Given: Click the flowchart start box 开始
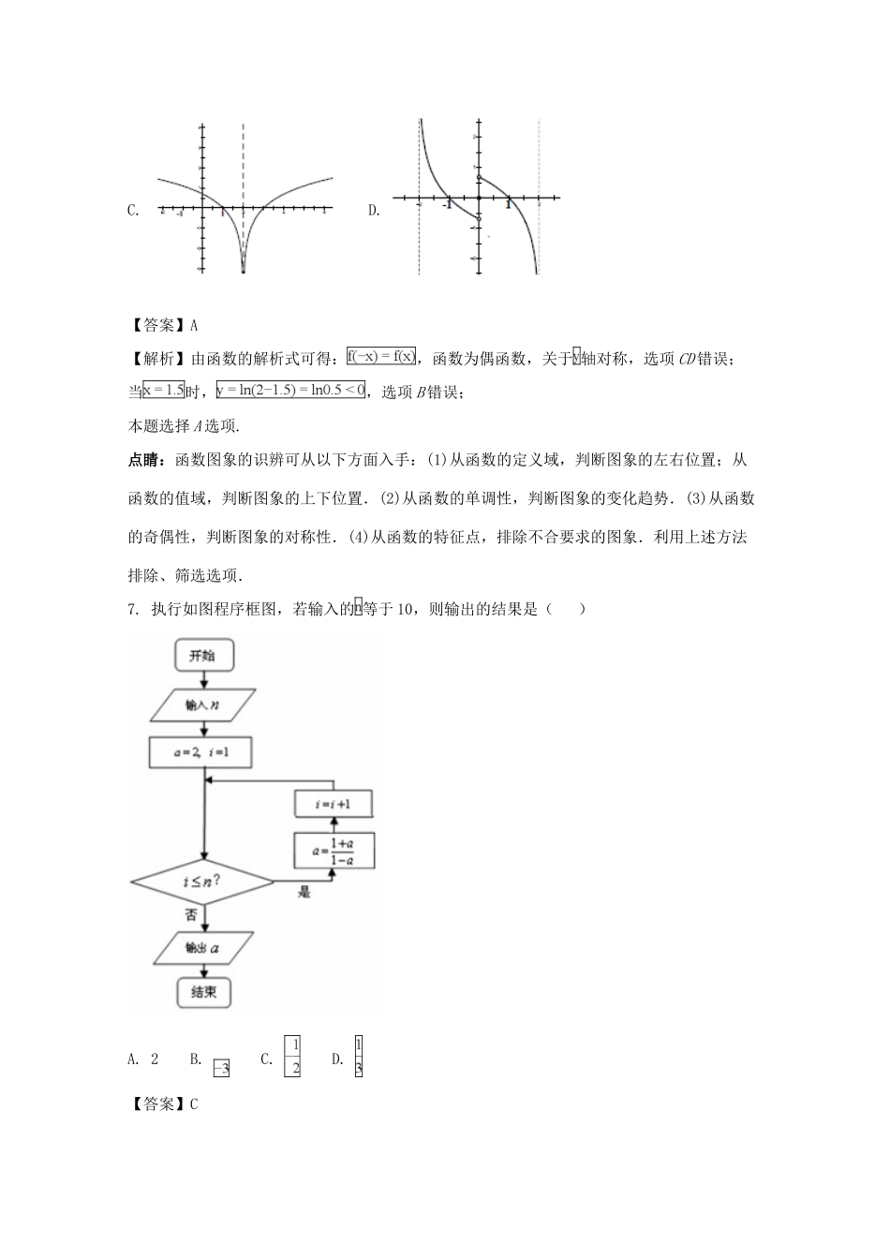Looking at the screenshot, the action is pos(202,656).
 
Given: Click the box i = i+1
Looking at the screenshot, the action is pos(334,804).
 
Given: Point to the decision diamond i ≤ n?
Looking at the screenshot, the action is pos(202,881).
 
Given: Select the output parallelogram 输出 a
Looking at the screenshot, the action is pos(202,948).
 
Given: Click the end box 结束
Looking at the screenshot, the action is pos(203,992).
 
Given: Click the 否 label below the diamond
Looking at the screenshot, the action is pos(191,914).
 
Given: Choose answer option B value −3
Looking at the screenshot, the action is pos(221,1067).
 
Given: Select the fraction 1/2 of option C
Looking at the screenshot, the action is pos(292,1058).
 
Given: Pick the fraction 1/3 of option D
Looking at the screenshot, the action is pos(359,1058).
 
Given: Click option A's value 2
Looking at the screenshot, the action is pos(155,1059).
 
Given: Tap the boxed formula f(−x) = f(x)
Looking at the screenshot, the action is pos(380,357).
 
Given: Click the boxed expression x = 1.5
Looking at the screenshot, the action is pos(163,390).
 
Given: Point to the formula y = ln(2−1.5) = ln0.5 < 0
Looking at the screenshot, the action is pos(290,390).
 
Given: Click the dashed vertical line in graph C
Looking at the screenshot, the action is pos(244,169).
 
